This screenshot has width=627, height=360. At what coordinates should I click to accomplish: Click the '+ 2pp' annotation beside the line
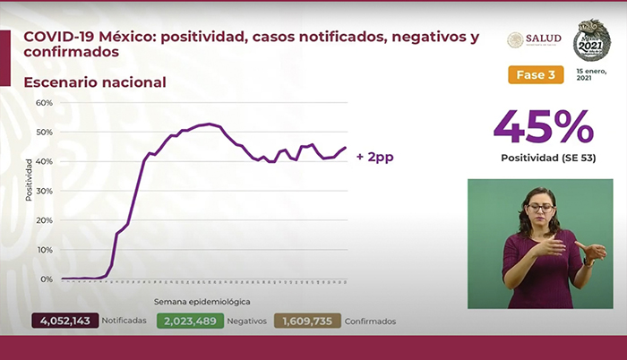pos(374,157)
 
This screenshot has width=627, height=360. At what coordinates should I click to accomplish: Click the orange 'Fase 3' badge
pos(536,74)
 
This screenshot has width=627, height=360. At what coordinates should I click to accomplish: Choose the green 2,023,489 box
pos(189,321)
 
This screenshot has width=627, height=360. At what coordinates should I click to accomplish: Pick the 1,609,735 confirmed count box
pos(307,321)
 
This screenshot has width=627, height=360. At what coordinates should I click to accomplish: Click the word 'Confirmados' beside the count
pos(370,321)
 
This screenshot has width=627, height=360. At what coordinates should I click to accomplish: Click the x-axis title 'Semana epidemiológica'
pos(202,302)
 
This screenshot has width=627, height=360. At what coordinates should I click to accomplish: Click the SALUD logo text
pos(545,39)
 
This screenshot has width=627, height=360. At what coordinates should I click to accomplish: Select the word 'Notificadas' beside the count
pos(125,321)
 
